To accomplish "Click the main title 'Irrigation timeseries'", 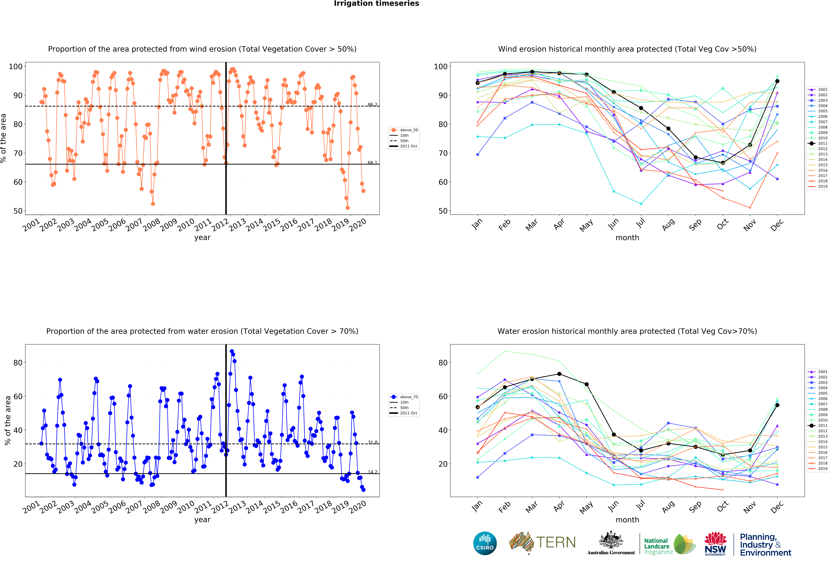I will point(376,4).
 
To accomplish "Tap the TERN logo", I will point(542,543).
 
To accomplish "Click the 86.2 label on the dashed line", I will point(372,104).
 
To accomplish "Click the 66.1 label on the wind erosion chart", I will point(372,163).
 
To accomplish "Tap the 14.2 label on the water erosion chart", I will point(372,472).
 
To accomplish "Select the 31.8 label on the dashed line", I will point(372,442).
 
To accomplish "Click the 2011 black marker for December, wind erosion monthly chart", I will point(777,81).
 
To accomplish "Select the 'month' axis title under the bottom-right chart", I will point(627,520).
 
